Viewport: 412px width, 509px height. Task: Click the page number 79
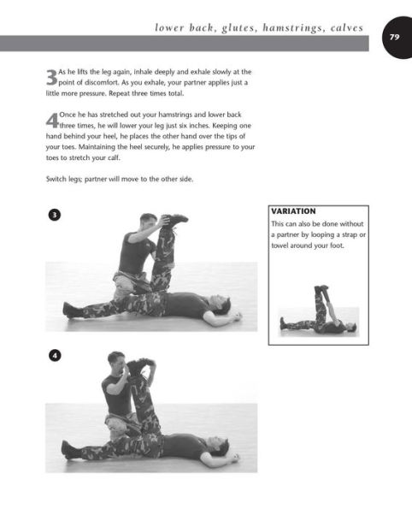point(394,37)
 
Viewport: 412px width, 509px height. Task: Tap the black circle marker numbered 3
point(54,216)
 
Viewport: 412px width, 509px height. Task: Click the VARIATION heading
point(293,210)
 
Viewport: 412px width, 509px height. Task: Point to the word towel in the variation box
point(283,248)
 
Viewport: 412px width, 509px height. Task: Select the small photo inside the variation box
point(318,310)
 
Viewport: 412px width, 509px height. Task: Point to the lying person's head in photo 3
point(219,302)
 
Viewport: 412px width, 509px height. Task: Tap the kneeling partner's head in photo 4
point(115,360)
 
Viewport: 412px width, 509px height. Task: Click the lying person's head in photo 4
point(219,446)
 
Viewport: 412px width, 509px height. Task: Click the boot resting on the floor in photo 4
point(70,450)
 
